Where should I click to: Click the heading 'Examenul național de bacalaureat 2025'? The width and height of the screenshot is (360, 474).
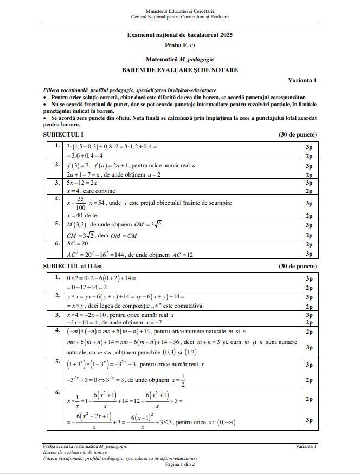(179, 35)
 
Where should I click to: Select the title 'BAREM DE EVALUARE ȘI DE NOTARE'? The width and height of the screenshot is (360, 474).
(179, 70)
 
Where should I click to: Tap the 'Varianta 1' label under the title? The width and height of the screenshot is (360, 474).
(302, 80)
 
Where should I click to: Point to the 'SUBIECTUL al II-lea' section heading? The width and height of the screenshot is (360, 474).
(73, 267)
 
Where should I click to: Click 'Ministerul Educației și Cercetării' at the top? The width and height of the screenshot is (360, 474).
(179, 11)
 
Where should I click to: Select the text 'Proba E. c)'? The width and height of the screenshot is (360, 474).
(179, 44)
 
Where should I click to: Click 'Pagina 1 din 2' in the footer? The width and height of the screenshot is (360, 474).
(179, 464)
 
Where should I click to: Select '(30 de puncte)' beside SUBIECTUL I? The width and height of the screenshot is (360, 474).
(298, 134)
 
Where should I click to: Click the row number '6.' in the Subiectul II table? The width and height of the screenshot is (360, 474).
(57, 392)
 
